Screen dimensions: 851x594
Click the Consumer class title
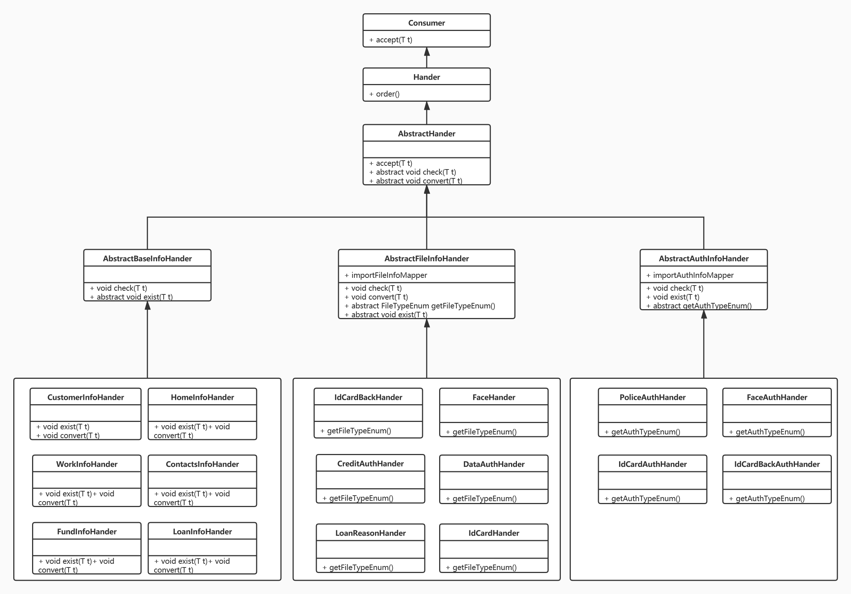click(x=426, y=23)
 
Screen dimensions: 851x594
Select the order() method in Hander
click(x=384, y=94)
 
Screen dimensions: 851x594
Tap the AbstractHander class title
click(x=426, y=134)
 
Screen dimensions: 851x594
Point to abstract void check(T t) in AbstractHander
click(x=413, y=172)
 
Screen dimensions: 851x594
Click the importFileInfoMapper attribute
click(x=385, y=275)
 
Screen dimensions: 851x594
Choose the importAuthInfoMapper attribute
click(x=690, y=275)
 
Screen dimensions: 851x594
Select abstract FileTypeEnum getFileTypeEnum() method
click(x=420, y=306)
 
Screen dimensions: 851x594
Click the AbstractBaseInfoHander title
click(x=147, y=258)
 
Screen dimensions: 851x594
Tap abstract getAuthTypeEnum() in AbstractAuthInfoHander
click(x=699, y=306)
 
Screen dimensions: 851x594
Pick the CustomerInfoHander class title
click(x=86, y=397)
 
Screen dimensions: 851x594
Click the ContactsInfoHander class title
click(x=202, y=464)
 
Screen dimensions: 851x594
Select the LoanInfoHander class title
click(x=202, y=532)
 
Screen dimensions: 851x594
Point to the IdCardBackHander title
click(x=368, y=397)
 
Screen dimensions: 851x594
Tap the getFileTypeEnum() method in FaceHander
click(x=481, y=432)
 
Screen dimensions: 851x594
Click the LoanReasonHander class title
click(x=370, y=533)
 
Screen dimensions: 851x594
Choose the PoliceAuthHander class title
click(x=652, y=397)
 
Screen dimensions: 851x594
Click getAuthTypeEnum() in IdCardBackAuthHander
click(x=767, y=499)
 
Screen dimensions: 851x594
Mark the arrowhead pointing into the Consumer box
click(x=427, y=52)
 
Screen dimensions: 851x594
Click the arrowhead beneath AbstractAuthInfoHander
click(x=704, y=314)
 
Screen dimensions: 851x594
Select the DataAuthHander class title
click(x=494, y=464)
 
